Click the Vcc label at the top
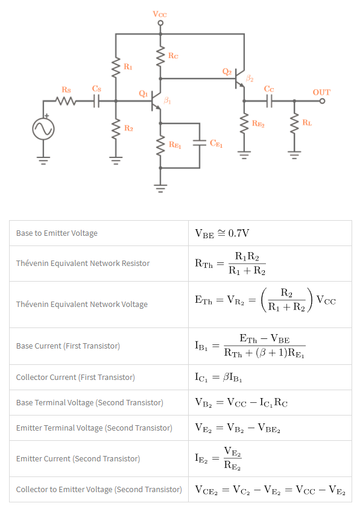click(x=160, y=13)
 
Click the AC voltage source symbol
click(x=43, y=128)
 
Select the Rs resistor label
click(x=66, y=90)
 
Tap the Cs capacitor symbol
click(x=96, y=101)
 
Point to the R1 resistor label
click(x=128, y=66)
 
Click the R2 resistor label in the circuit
click(x=128, y=128)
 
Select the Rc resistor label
click(x=173, y=56)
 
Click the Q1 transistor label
click(x=143, y=93)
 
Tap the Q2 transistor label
click(x=227, y=72)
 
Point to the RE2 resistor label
click(x=259, y=124)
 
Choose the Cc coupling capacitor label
click(x=269, y=89)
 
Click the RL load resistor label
click(x=308, y=123)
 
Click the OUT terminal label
click(x=321, y=92)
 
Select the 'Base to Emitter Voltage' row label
click(x=57, y=233)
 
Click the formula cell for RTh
click(x=230, y=263)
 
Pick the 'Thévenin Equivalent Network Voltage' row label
click(x=82, y=304)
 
